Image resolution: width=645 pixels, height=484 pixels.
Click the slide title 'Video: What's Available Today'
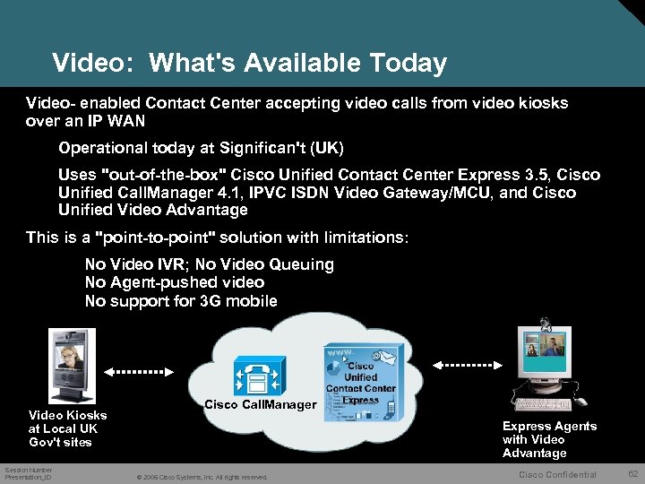pos(249,64)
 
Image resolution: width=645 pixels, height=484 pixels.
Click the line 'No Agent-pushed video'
pos(175,282)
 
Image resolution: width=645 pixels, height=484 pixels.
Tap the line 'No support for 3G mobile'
pos(181,301)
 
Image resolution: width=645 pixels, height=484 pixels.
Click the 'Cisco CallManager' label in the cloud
pos(261,405)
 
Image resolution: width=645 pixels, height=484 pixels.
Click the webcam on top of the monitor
pos(544,323)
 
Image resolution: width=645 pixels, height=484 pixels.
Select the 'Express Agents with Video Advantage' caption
pos(548,439)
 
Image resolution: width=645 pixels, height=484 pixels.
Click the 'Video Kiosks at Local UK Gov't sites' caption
pos(67,428)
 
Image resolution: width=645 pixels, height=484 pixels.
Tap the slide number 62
pos(632,473)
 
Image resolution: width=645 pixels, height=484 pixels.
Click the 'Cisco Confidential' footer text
pos(557,474)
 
